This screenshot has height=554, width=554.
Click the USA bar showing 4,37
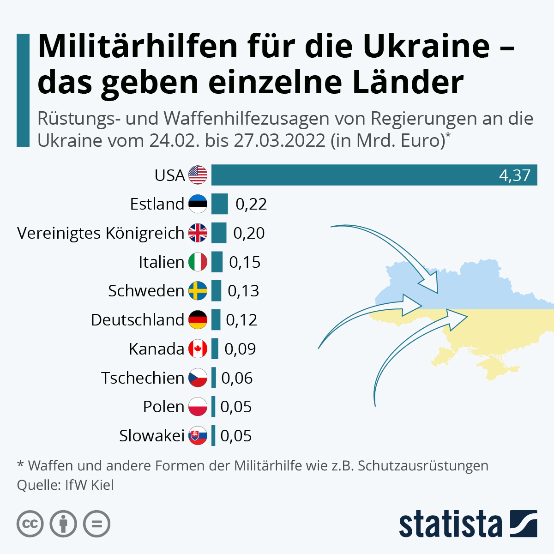click(374, 175)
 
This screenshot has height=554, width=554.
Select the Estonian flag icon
click(198, 204)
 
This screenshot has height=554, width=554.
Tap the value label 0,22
click(251, 204)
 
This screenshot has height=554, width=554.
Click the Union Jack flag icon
click(198, 233)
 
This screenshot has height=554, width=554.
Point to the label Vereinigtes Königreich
click(101, 233)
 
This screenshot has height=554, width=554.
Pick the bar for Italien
click(217, 262)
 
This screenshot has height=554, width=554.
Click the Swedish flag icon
click(198, 291)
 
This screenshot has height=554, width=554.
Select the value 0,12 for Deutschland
click(241, 320)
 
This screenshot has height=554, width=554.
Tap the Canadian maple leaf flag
click(198, 349)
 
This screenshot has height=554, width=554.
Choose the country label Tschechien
click(143, 378)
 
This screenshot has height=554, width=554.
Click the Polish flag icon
click(198, 407)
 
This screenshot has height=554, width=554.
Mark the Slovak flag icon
click(198, 435)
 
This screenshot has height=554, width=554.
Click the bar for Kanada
click(215, 349)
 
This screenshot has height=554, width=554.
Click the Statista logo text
click(450, 524)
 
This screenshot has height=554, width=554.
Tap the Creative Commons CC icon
click(30, 524)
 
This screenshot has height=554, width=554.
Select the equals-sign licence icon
click(97, 524)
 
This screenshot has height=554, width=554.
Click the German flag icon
click(198, 319)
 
